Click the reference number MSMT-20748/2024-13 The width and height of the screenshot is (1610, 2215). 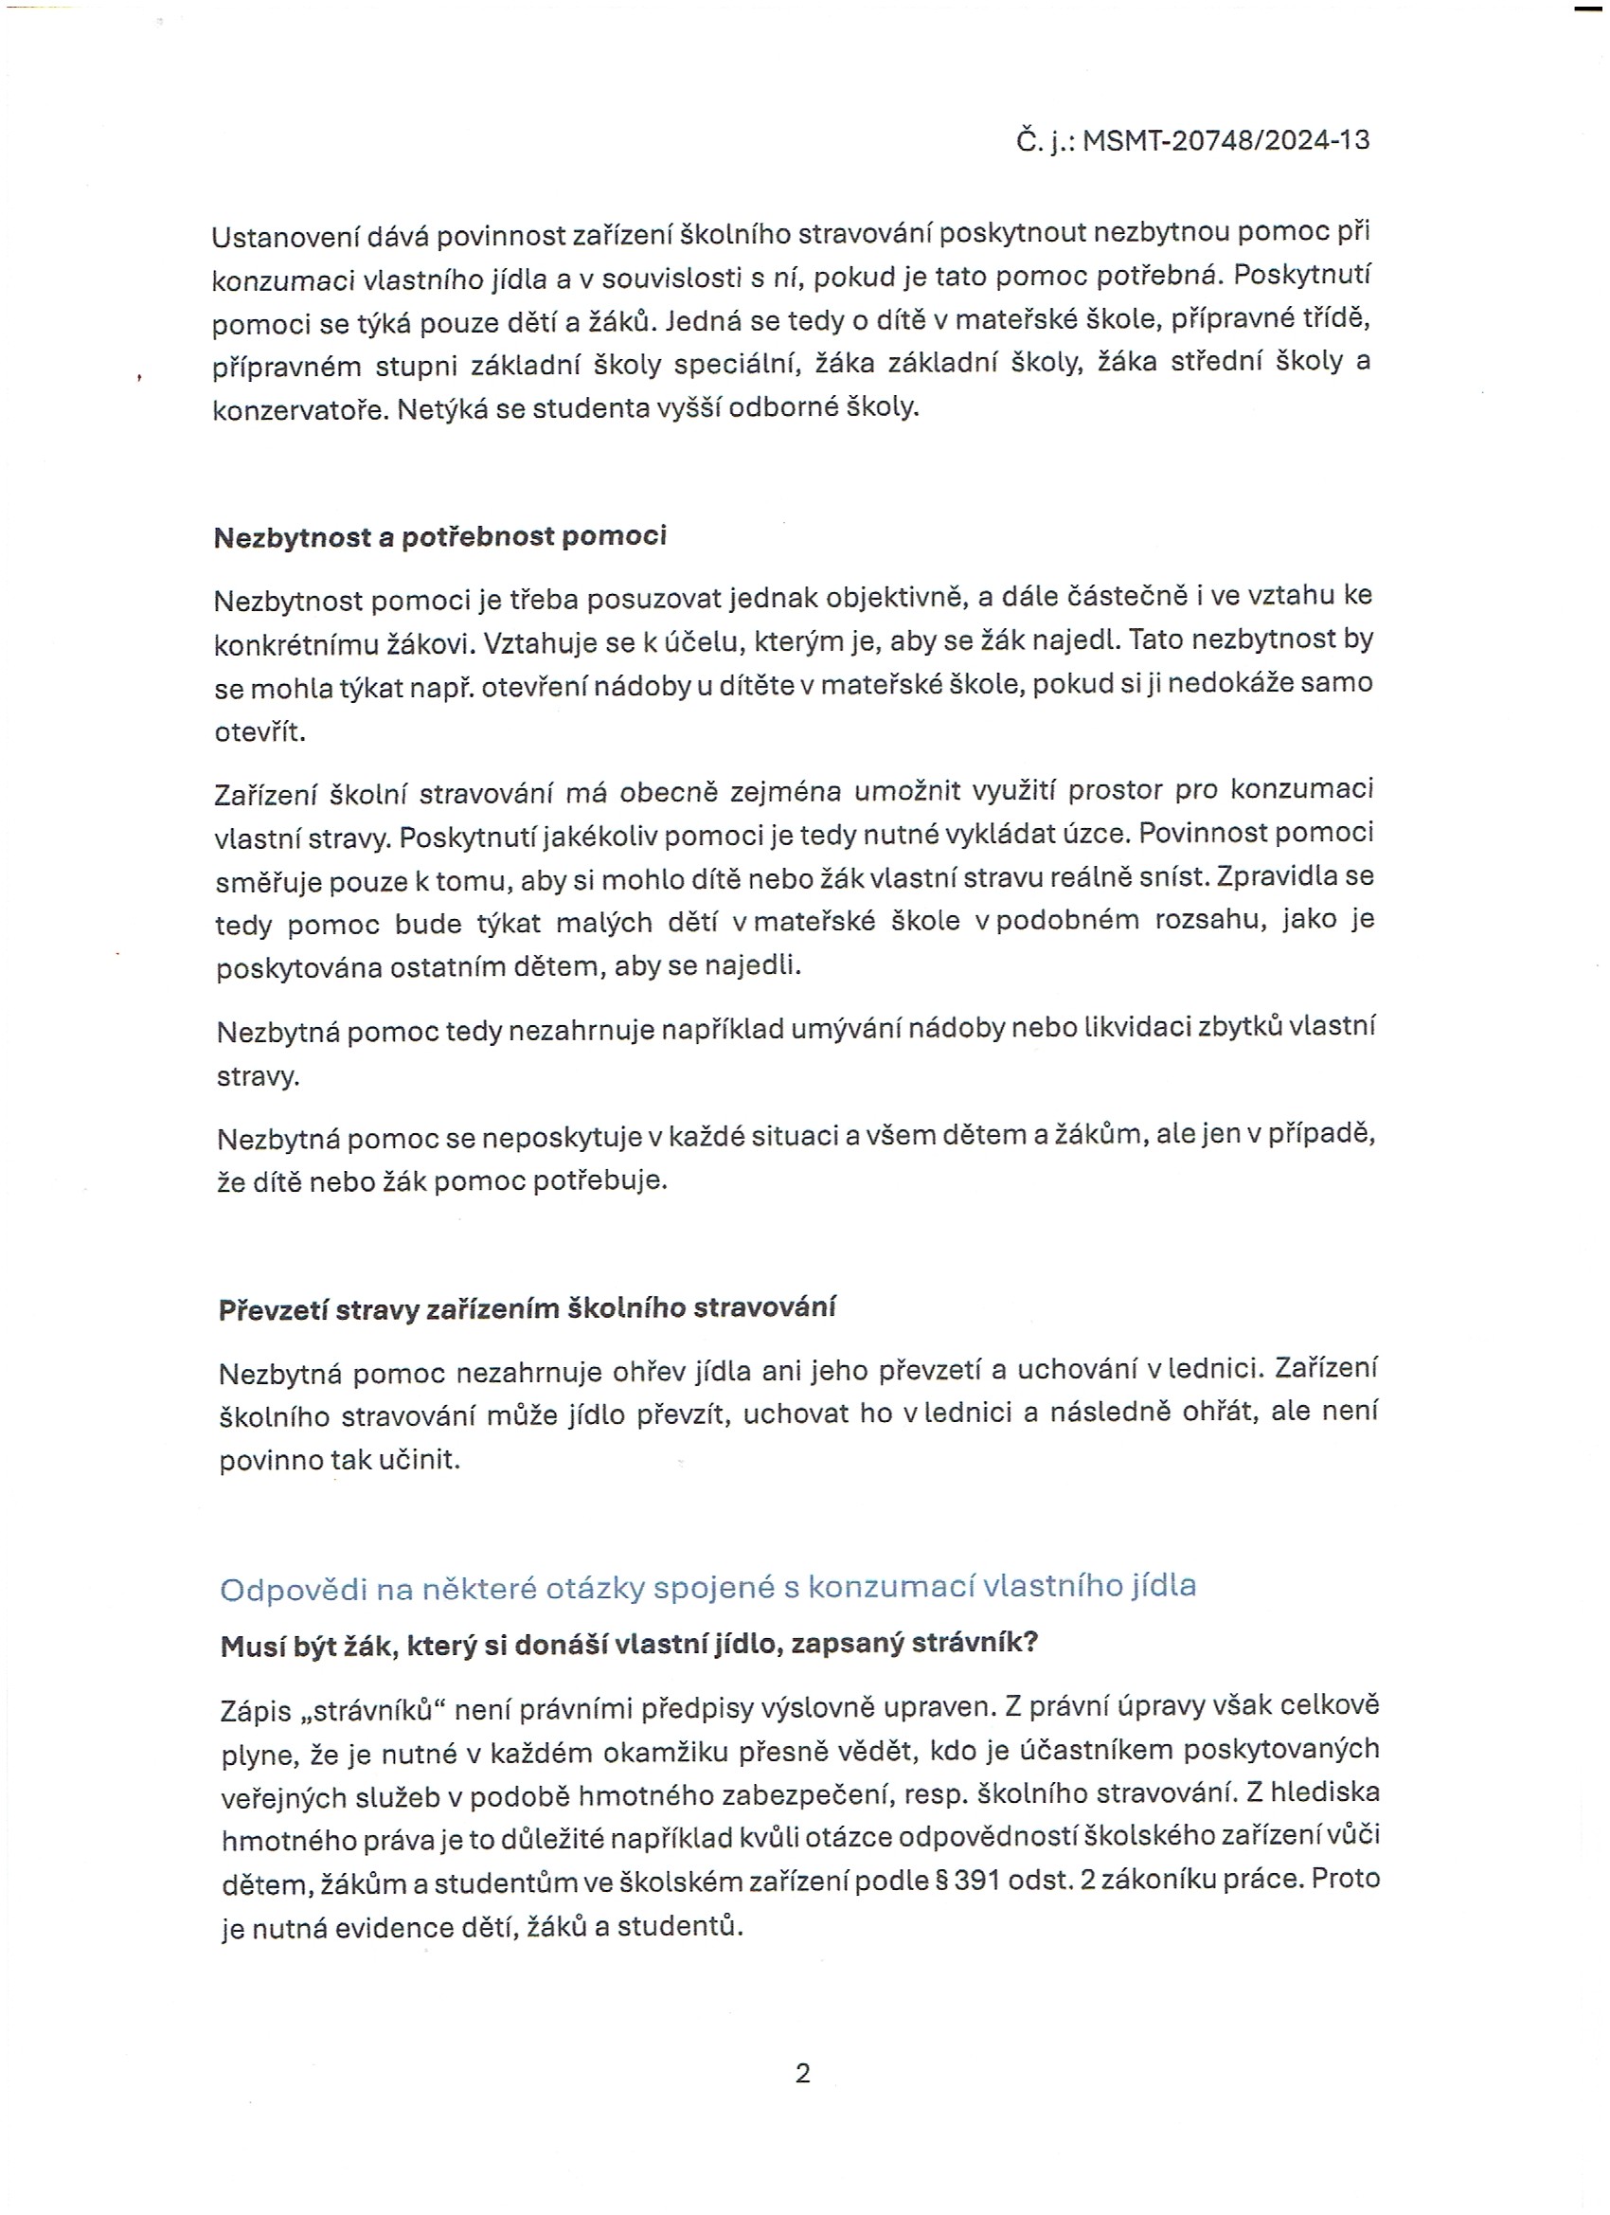pyautogui.click(x=1225, y=140)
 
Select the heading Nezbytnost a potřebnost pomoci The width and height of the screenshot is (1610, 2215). pyautogui.click(x=439, y=536)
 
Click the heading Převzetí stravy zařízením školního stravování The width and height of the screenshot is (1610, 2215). pyautogui.click(x=527, y=1308)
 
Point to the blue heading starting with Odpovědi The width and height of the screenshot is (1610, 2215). pyautogui.click(x=707, y=1587)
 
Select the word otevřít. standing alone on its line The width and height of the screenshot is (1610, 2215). pyautogui.click(x=259, y=731)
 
